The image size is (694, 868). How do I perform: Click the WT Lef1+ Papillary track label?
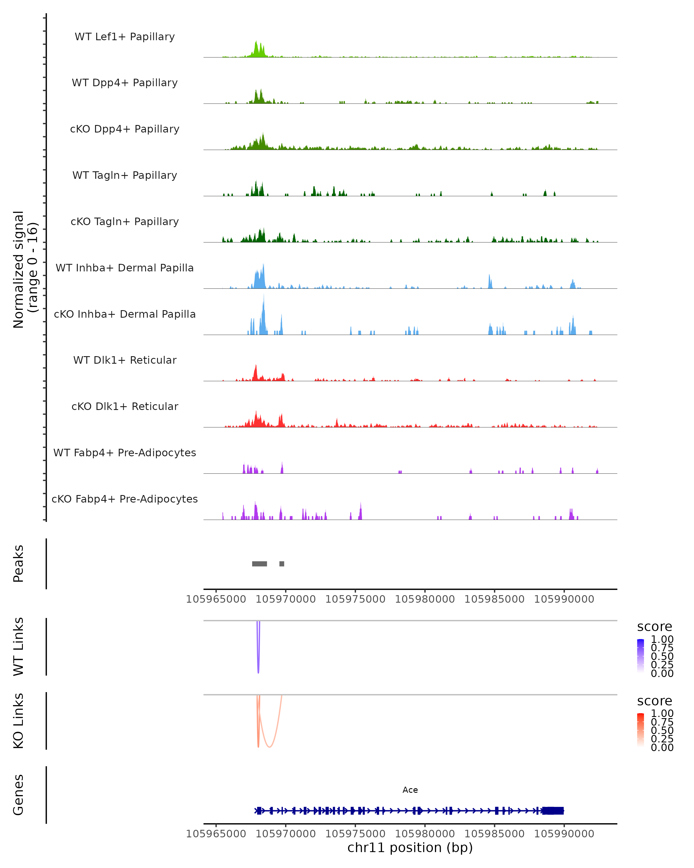click(125, 37)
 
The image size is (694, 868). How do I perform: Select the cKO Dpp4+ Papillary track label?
click(125, 129)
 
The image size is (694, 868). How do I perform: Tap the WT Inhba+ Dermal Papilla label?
click(125, 268)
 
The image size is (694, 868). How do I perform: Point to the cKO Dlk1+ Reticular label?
click(125, 406)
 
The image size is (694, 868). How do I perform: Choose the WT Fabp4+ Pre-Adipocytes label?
click(125, 453)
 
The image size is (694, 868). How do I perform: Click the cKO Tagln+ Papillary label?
click(125, 221)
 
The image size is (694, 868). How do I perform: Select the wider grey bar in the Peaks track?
click(259, 564)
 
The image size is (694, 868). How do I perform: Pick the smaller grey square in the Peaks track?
click(282, 564)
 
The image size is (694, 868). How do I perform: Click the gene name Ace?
click(410, 790)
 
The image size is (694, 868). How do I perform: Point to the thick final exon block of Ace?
click(553, 810)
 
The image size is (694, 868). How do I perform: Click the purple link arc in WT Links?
click(258, 660)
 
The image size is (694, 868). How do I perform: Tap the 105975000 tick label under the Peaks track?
click(355, 599)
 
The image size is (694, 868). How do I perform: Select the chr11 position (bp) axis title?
click(410, 847)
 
